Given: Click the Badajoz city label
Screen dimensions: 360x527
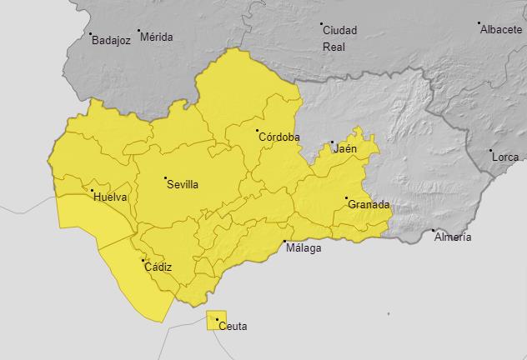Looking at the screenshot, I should click(112, 39).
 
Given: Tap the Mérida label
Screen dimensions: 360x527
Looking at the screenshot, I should click(157, 37).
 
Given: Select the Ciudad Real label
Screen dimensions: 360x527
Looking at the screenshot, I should click(339, 38).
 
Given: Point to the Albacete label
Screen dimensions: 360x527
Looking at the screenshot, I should click(501, 29).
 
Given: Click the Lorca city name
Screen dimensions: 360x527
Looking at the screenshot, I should click(505, 157).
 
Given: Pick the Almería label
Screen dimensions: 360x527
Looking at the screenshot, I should click(453, 237).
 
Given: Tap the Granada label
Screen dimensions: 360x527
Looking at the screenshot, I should click(369, 204).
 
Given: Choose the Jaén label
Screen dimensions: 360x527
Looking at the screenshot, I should click(345, 149).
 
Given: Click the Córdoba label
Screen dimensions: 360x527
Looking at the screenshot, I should click(279, 137).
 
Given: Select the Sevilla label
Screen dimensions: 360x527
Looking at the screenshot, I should click(183, 185).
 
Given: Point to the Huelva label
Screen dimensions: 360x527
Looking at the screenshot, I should click(112, 197).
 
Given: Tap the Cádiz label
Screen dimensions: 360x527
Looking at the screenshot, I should click(158, 267).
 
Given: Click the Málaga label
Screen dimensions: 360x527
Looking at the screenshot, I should click(303, 247).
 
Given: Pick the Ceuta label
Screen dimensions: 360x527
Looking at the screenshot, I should click(233, 326).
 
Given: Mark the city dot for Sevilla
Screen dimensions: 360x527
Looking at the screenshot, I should click(165, 178).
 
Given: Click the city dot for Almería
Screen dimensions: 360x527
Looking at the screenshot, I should click(433, 230).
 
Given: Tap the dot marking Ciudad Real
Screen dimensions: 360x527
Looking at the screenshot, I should click(321, 24).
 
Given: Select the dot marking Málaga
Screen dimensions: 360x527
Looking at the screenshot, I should click(285, 240).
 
